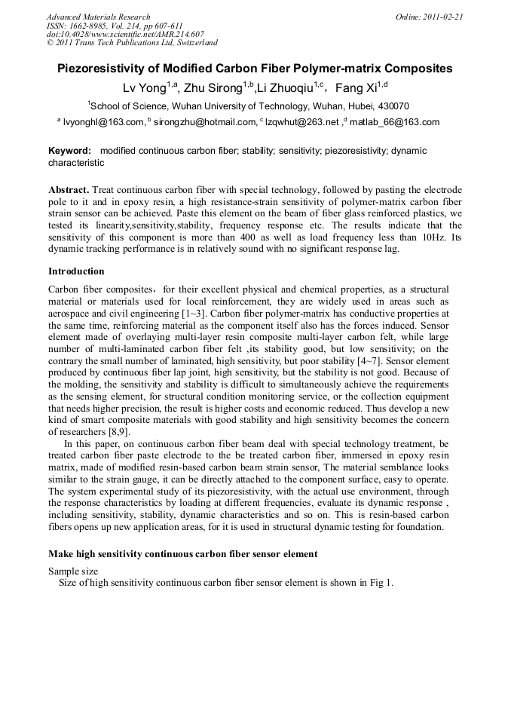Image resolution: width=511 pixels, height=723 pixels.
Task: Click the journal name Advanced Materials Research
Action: pos(98,17)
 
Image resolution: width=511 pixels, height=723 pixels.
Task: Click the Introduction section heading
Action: pos(76,271)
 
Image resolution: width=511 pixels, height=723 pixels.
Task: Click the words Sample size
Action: pos(73,571)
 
